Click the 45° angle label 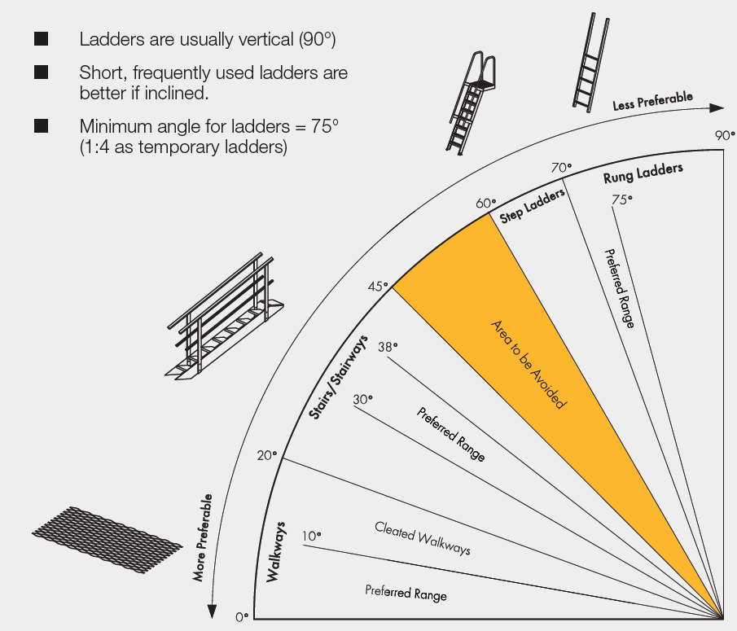[376, 286]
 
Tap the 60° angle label [485, 204]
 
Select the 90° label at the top [725, 136]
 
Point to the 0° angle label [241, 617]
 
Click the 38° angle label [388, 347]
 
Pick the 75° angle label [623, 199]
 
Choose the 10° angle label [311, 536]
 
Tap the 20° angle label [267, 455]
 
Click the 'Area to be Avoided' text [528, 364]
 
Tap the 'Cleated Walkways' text [423, 538]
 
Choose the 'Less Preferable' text [653, 102]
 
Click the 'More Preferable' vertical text [204, 537]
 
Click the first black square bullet [41, 39]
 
